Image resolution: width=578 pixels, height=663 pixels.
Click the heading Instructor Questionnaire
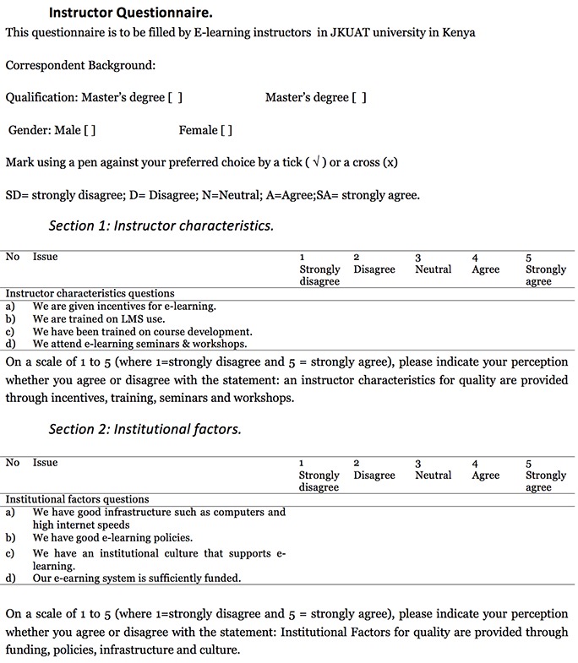coord(130,14)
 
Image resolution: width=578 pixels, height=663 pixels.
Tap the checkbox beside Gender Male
coord(89,131)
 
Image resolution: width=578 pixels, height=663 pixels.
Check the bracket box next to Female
coord(226,131)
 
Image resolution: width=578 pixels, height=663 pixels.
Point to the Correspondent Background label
coord(80,65)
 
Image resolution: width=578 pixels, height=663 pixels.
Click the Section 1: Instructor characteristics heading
coord(161,226)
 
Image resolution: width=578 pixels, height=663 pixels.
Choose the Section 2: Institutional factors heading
coord(144,429)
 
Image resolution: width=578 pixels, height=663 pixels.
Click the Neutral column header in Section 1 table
coord(433,269)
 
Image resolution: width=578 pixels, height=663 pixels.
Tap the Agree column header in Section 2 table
coord(486,475)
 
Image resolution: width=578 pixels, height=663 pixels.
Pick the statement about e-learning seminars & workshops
coord(139,344)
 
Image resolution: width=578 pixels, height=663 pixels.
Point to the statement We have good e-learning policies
coord(112,537)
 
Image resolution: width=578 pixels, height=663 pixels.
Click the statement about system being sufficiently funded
coord(136,579)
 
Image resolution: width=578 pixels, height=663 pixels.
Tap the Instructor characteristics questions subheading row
coord(90,294)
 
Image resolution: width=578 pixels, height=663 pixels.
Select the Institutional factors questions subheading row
coord(77,499)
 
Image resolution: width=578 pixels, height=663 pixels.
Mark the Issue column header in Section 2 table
coord(46,463)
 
